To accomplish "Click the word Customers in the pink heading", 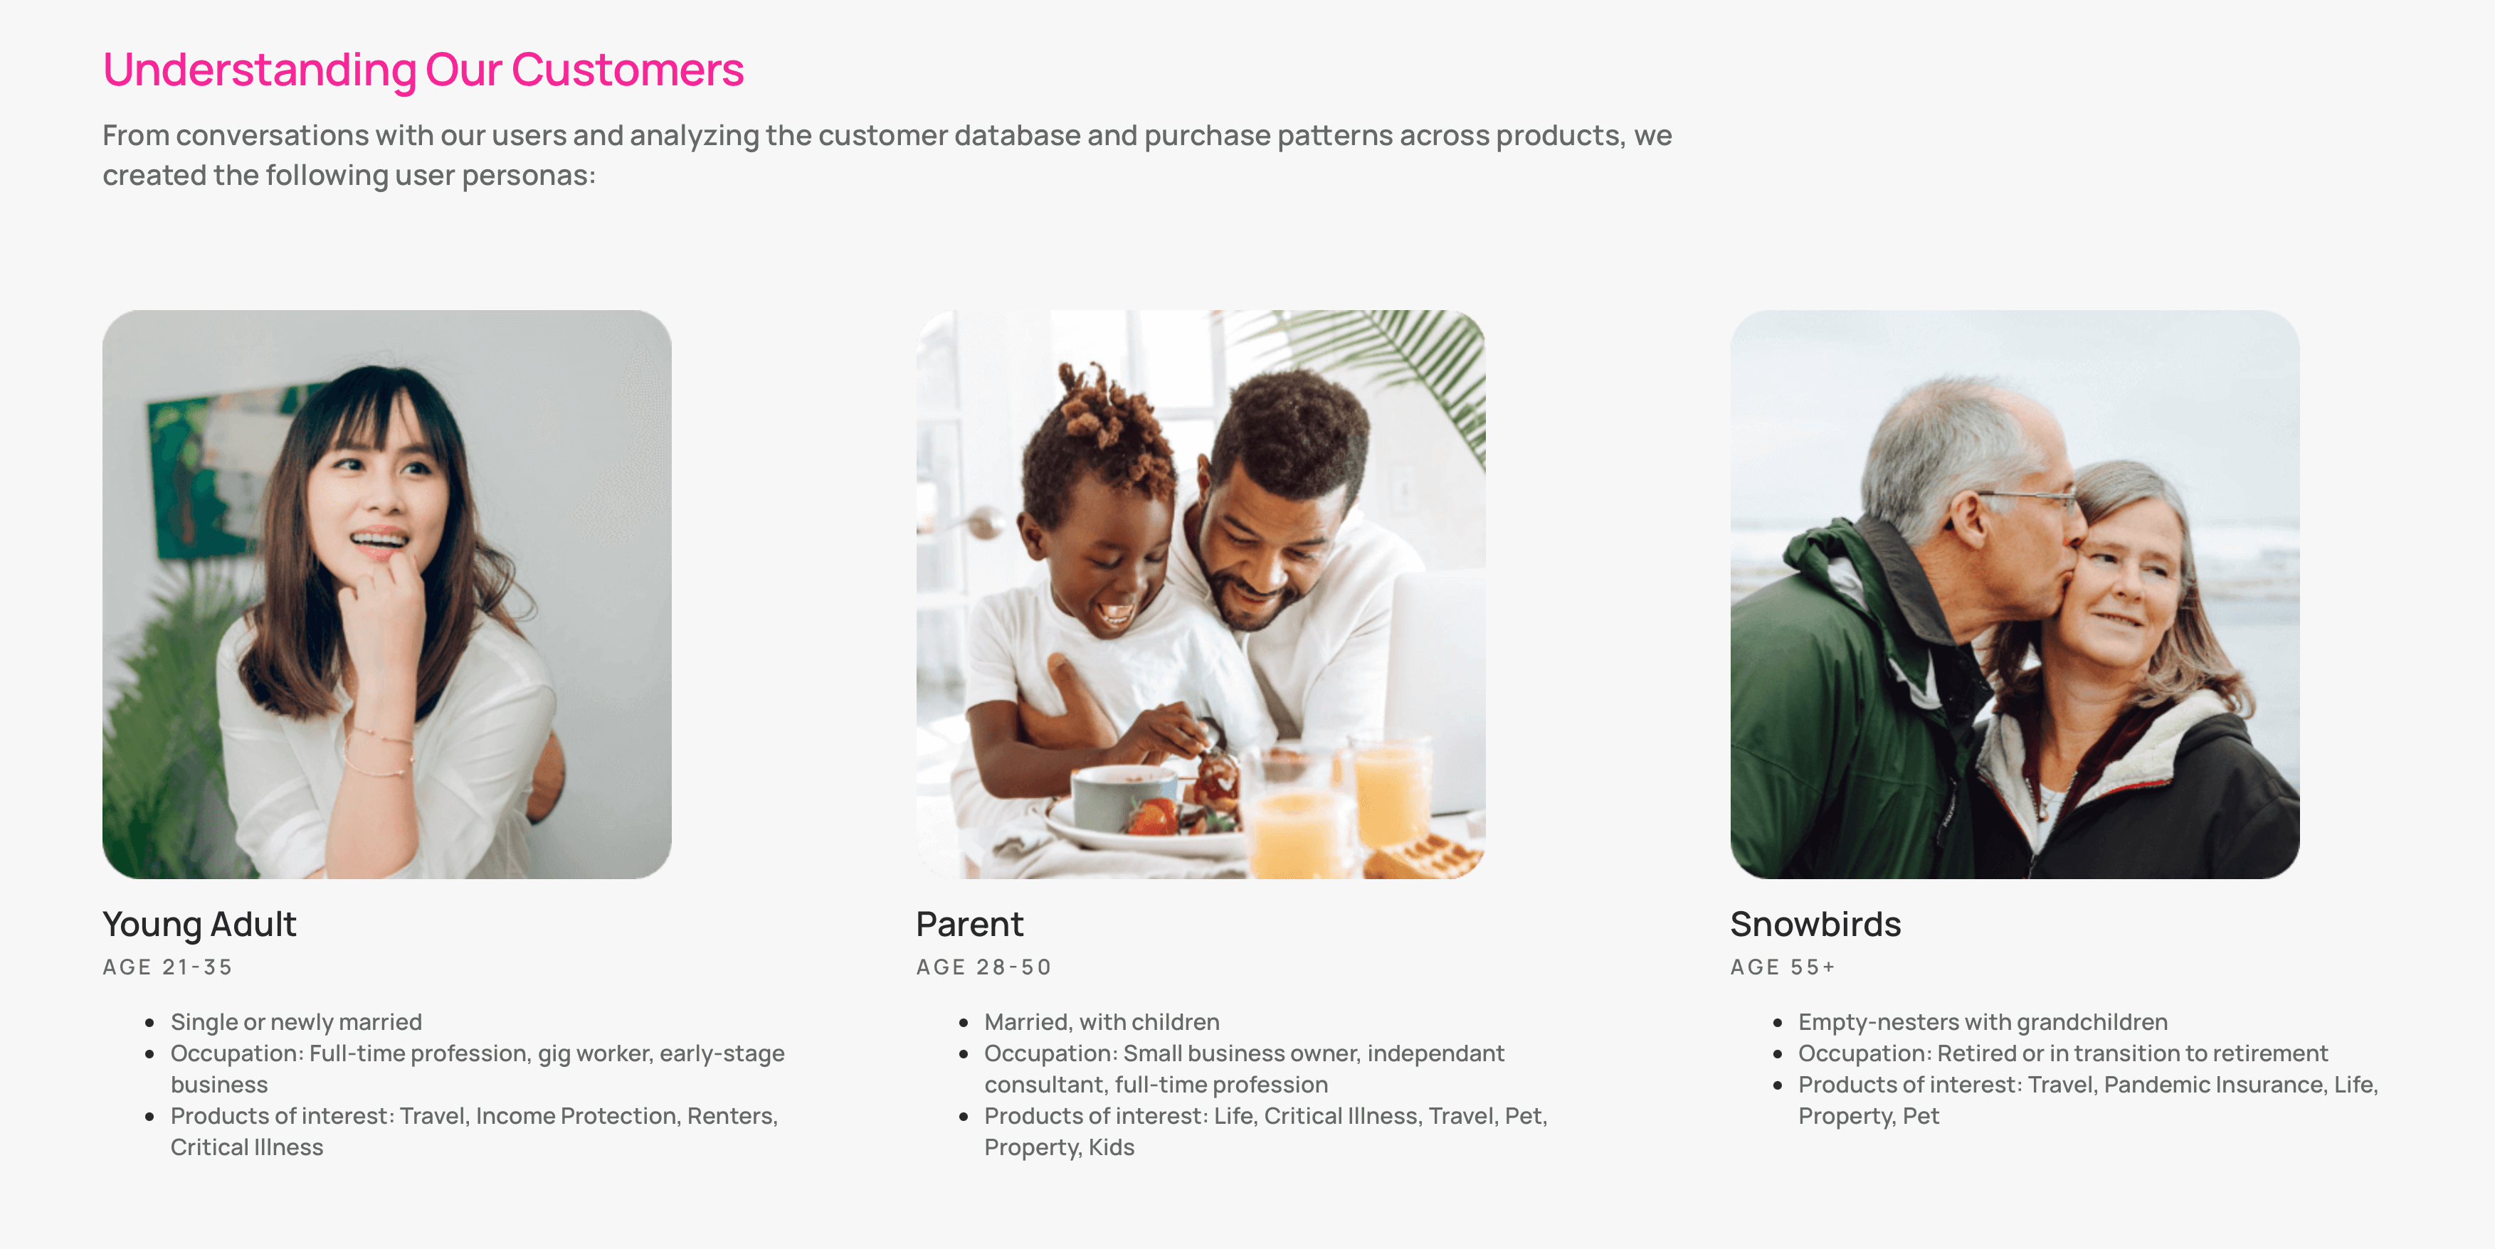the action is tap(627, 70).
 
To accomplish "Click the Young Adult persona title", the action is tap(199, 924).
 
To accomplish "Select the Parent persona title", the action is tap(969, 924).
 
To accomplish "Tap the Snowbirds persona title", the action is tap(1815, 924).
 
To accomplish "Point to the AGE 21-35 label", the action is tap(167, 967).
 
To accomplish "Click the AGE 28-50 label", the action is tap(983, 967).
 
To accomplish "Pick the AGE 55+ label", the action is tap(1782, 967).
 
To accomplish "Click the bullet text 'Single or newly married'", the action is tap(296, 1022).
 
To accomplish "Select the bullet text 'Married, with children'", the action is tap(1101, 1022).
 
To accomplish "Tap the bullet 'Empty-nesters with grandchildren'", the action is tap(1983, 1022).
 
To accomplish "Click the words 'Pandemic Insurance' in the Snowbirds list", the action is tap(2214, 1085).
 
